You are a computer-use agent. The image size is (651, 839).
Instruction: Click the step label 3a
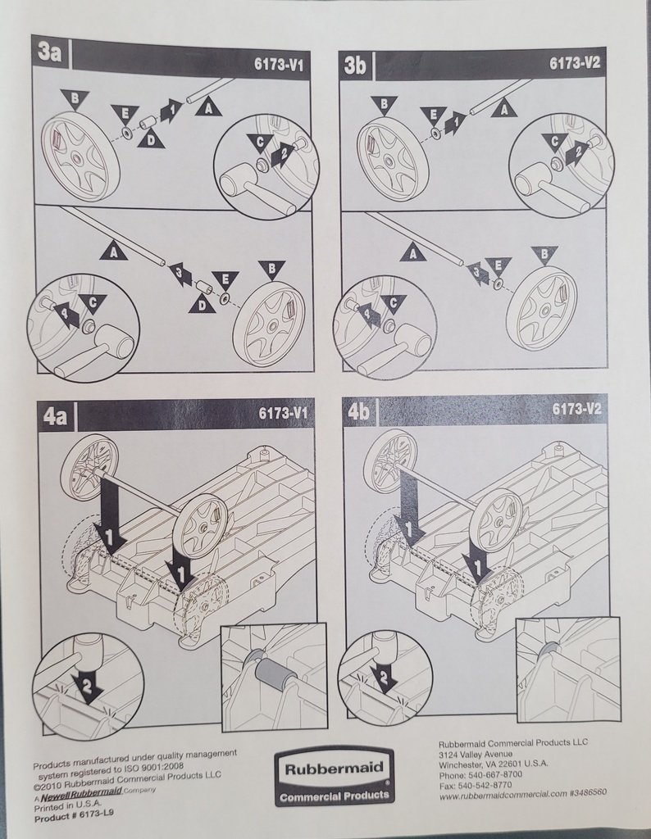click(50, 53)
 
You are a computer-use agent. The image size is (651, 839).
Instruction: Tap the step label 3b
click(356, 66)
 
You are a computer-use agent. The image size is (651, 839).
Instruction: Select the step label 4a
click(55, 415)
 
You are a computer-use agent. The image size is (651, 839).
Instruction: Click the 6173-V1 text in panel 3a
click(279, 66)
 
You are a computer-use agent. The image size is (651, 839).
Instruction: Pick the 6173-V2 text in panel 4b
click(576, 409)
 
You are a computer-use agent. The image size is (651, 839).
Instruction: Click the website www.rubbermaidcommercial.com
click(503, 796)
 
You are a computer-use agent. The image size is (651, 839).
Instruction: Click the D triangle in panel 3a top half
click(151, 140)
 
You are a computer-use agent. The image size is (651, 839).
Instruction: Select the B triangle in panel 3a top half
click(75, 99)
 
